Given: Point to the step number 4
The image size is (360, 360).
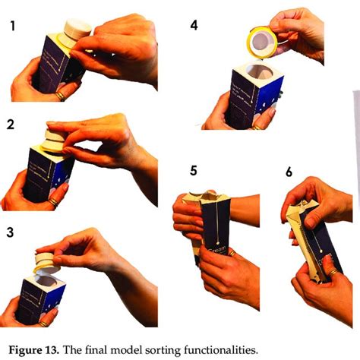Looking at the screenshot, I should [x=194, y=26].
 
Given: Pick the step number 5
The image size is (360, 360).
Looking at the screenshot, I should [x=194, y=172].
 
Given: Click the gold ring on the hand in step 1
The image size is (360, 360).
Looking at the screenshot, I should [x=59, y=96].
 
